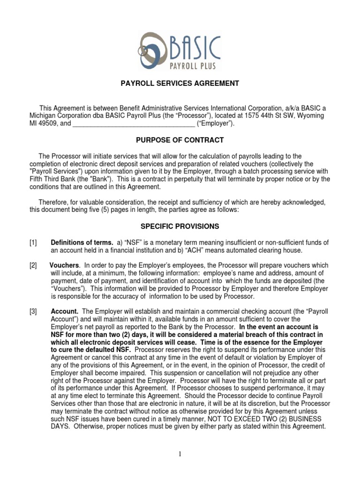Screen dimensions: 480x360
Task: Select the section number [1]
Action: pos(32,242)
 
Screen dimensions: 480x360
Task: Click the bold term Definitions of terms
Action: pos(82,242)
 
